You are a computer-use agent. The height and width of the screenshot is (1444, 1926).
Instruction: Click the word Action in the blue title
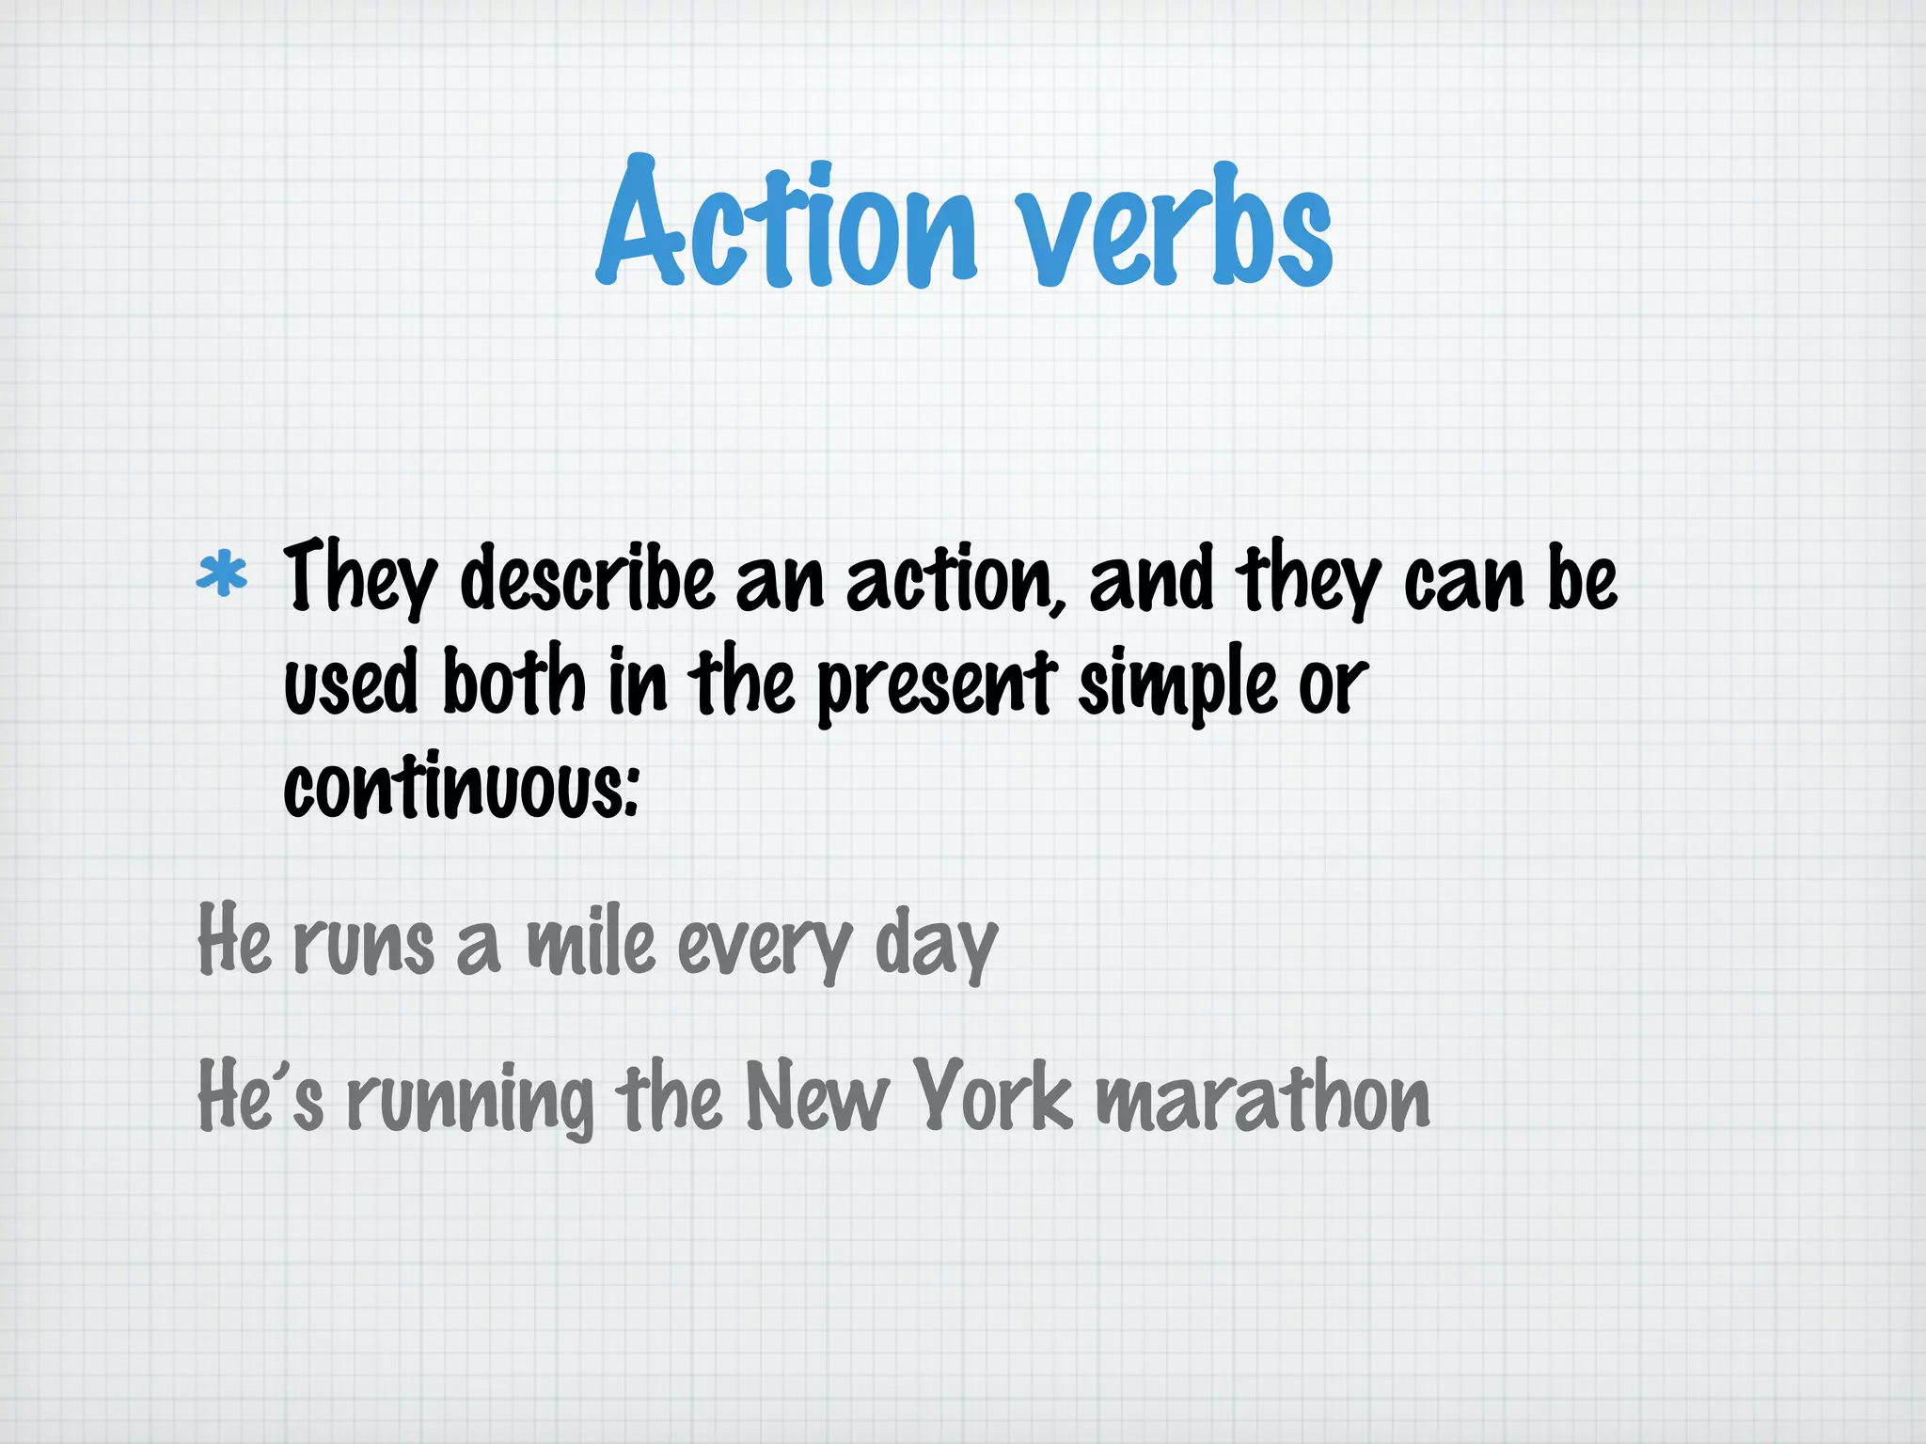click(788, 226)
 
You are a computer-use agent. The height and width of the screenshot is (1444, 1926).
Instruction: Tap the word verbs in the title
click(1178, 230)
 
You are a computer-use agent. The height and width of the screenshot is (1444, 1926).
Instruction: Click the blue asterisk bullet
click(222, 575)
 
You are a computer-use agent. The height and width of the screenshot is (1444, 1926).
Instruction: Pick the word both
click(514, 682)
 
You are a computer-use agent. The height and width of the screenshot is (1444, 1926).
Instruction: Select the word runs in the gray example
click(364, 945)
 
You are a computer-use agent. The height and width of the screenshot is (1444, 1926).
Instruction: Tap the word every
click(765, 948)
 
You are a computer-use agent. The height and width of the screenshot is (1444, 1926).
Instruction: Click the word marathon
click(1263, 1098)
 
